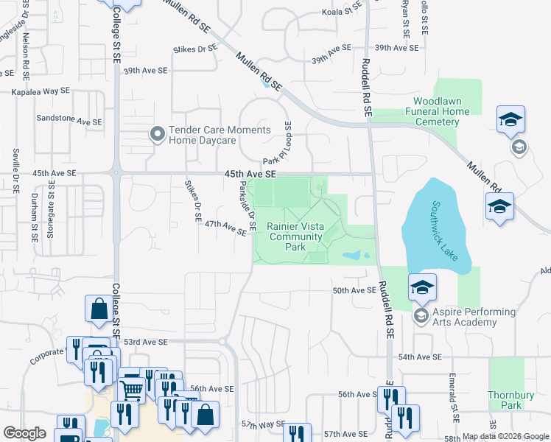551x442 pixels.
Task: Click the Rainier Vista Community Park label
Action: coord(295,237)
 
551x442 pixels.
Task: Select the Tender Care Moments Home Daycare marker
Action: coord(157,134)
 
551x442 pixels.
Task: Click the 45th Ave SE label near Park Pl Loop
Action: coord(250,174)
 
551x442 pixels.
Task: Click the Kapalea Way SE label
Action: coord(41,91)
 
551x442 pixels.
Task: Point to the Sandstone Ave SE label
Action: coord(69,118)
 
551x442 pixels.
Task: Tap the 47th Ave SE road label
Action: coord(225,226)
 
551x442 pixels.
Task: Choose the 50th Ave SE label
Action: coord(354,291)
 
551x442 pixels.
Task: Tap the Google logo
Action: coord(25,433)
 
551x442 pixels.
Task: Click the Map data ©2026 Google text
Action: coord(505,436)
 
